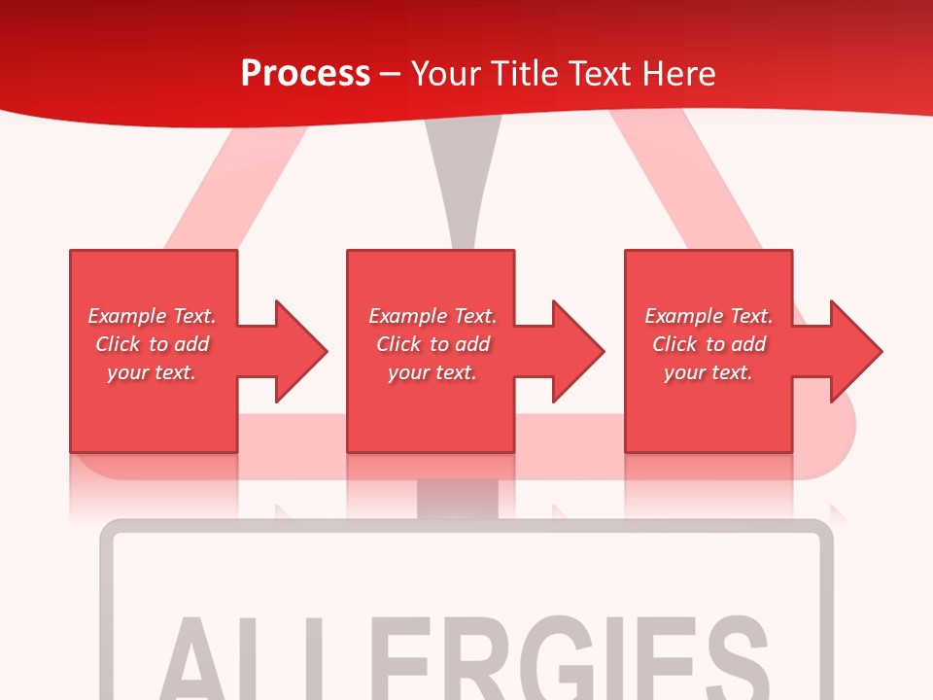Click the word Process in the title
click(x=305, y=74)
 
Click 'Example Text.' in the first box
click(x=152, y=316)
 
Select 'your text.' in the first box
click(x=152, y=372)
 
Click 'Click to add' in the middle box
click(x=432, y=344)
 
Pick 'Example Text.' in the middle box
click(x=432, y=316)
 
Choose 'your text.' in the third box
click(x=708, y=372)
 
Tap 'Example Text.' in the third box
click(x=708, y=316)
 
